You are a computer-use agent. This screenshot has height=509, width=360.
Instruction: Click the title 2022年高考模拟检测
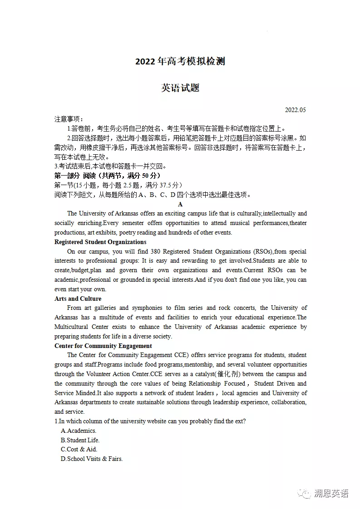180,62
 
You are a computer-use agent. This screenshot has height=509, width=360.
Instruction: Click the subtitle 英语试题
180,88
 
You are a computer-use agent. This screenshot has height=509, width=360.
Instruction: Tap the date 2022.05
296,110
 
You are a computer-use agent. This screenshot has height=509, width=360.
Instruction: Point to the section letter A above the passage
180,204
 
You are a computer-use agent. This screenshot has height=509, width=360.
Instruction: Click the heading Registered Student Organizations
100,242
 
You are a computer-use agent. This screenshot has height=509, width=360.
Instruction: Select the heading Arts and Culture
78,299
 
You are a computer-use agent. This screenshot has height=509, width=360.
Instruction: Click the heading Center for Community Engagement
103,346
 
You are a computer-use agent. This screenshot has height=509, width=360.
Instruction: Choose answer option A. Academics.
79,431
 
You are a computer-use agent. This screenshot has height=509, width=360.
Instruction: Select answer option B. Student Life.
80,440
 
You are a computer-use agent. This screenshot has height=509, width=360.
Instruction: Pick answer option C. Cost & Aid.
79,449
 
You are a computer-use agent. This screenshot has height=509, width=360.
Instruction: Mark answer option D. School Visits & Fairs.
92,459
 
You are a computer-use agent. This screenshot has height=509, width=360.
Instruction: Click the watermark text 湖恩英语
331,494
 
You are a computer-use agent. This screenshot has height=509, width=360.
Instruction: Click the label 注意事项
67,119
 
